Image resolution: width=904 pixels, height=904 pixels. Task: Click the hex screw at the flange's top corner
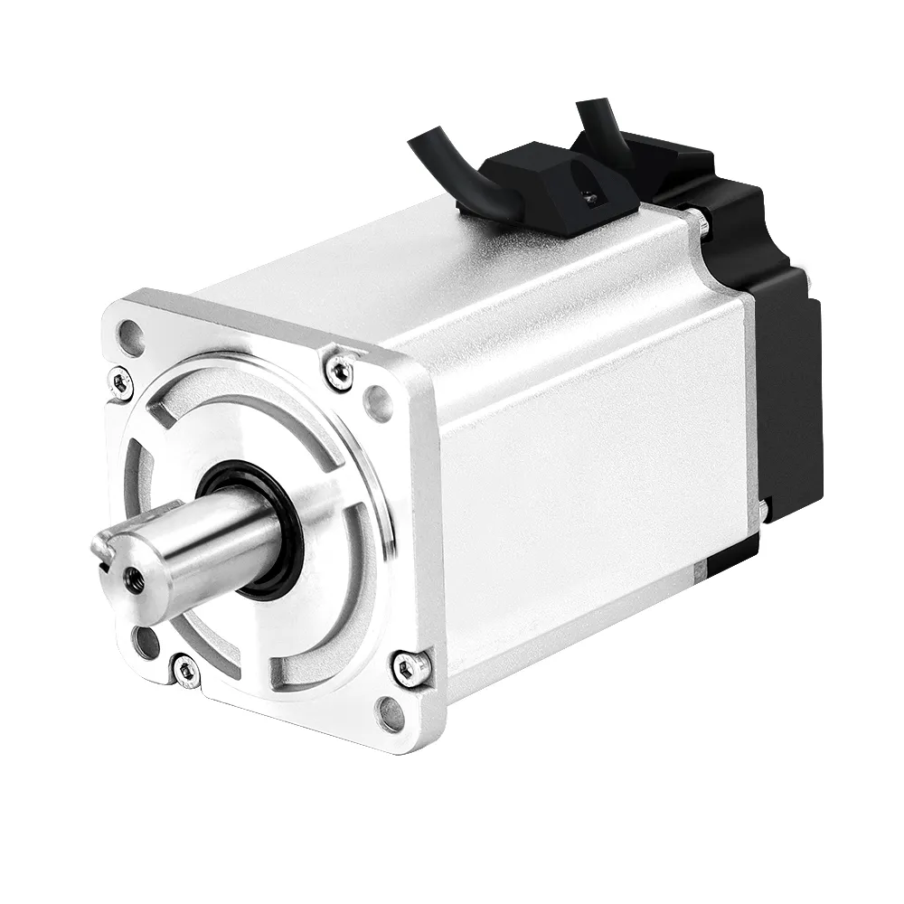point(339,371)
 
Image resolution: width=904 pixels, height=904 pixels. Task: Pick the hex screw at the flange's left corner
point(120,381)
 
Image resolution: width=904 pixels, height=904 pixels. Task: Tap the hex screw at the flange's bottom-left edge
point(186,670)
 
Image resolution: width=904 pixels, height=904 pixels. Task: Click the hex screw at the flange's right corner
point(410,667)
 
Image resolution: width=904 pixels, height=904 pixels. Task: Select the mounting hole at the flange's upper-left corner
point(132,337)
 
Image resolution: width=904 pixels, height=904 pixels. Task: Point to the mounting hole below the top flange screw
point(377,402)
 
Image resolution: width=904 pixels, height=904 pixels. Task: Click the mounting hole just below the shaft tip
point(146,640)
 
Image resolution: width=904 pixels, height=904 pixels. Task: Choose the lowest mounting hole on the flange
point(391,714)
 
